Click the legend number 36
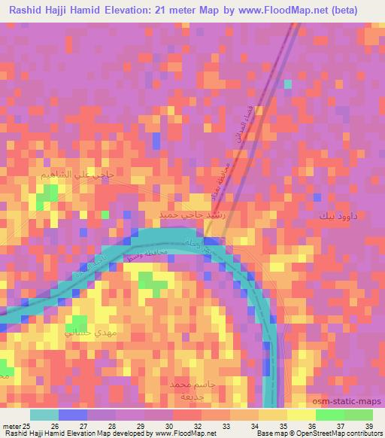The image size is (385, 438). pyautogui.click(x=302, y=425)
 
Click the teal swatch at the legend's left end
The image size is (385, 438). pyautogui.click(x=44, y=415)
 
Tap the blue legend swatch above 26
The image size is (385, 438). pyautogui.click(x=73, y=415)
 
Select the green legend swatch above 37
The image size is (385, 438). pyautogui.click(x=330, y=415)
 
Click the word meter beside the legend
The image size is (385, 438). pyautogui.click(x=11, y=425)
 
